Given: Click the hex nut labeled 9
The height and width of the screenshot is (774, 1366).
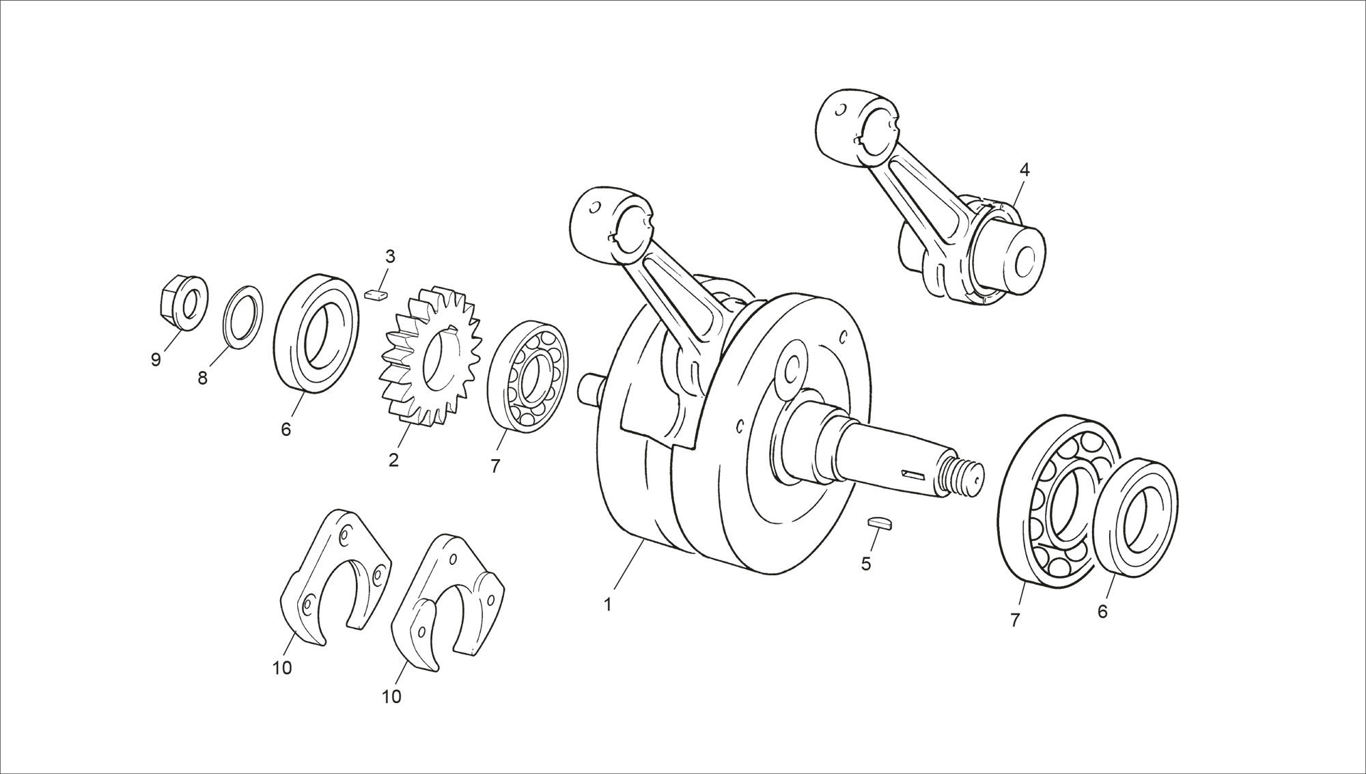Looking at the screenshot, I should tap(180, 301).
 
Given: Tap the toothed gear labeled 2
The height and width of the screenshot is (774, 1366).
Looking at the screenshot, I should tap(430, 359).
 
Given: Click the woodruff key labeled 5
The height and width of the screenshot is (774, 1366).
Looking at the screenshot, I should tap(877, 523).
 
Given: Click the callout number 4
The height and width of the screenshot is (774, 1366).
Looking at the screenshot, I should tap(1024, 169).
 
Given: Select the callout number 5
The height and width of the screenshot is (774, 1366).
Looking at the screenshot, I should tap(866, 564).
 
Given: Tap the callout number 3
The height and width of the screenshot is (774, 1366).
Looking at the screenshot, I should tap(390, 257).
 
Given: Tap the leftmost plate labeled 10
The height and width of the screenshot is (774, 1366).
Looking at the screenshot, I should tap(335, 574).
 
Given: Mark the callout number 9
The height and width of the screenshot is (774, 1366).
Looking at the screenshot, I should tap(156, 359).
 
